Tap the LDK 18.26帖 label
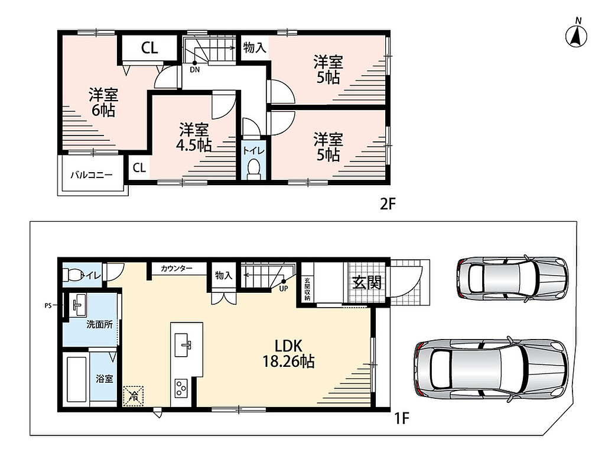(288, 353)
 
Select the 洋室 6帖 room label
(103, 102)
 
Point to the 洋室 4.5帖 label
(194, 137)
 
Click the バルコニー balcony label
(92, 175)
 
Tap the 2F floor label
(388, 204)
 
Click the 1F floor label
(401, 418)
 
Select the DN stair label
(195, 70)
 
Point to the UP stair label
(284, 288)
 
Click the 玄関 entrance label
(367, 282)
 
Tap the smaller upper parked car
(512, 277)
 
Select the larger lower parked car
(491, 369)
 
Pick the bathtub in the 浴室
(76, 379)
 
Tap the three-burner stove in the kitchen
(181, 388)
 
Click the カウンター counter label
(176, 268)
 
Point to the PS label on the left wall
(48, 305)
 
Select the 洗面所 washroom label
(99, 324)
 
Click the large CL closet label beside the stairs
(149, 47)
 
